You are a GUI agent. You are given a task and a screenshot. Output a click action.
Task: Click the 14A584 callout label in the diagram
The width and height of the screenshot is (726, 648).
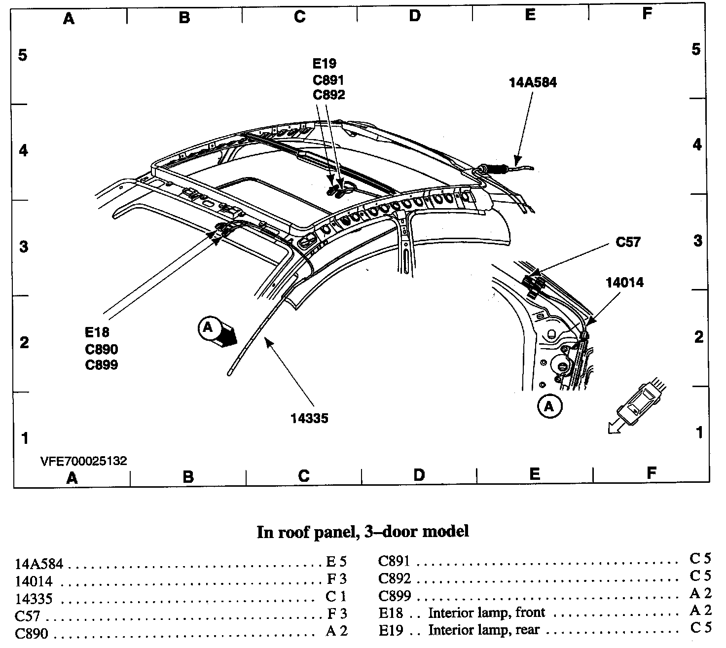pyautogui.click(x=533, y=82)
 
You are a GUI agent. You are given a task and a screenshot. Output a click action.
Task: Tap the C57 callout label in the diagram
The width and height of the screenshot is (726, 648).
pyautogui.click(x=628, y=242)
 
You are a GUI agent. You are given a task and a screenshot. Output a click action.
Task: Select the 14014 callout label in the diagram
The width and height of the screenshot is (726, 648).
pyautogui.click(x=624, y=283)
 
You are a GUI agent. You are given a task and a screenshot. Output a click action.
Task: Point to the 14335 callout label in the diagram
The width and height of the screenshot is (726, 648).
pyautogui.click(x=309, y=419)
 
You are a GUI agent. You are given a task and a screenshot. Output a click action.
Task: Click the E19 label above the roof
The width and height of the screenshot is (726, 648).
pyautogui.click(x=324, y=64)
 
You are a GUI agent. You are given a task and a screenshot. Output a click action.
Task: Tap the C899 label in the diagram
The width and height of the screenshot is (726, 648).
pyautogui.click(x=101, y=365)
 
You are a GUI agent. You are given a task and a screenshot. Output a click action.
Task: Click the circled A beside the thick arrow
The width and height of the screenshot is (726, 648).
pyautogui.click(x=208, y=327)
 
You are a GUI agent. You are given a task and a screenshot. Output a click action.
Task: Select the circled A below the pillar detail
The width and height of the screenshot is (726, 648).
pyautogui.click(x=549, y=407)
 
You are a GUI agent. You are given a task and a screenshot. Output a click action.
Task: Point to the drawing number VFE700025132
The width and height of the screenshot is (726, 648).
pyautogui.click(x=84, y=462)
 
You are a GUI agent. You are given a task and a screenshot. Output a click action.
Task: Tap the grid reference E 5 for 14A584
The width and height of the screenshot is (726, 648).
pyautogui.click(x=336, y=562)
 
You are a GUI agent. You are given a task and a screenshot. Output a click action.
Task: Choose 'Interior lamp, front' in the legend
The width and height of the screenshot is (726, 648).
pyautogui.click(x=486, y=613)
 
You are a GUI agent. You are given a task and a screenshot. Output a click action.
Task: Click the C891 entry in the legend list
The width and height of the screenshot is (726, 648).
pyautogui.click(x=394, y=562)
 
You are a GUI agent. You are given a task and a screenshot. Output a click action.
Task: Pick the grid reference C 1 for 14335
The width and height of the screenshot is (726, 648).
pyautogui.click(x=336, y=597)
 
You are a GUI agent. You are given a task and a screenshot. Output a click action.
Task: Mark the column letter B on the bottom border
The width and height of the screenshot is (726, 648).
pyautogui.click(x=188, y=477)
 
